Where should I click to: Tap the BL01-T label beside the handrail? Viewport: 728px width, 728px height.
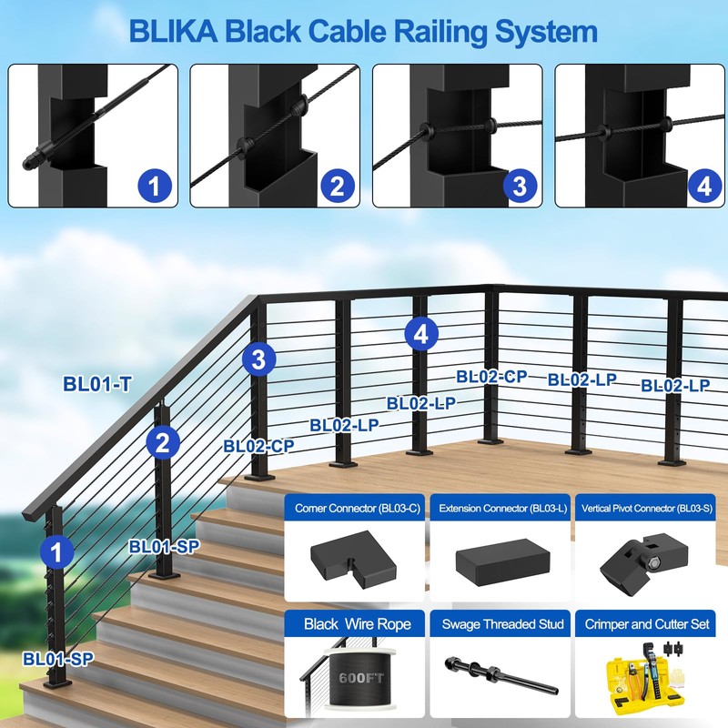click(97, 384)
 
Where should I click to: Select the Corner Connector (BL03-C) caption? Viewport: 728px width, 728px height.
click(356, 508)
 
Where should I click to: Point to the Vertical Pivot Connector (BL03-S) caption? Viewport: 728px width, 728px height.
click(646, 508)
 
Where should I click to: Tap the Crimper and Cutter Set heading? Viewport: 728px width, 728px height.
click(646, 623)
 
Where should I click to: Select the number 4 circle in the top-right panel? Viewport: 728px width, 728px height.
click(701, 187)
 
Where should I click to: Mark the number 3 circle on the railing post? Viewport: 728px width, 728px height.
click(259, 359)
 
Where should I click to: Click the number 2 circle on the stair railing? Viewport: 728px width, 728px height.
click(162, 443)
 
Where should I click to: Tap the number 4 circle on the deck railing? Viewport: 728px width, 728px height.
click(420, 334)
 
